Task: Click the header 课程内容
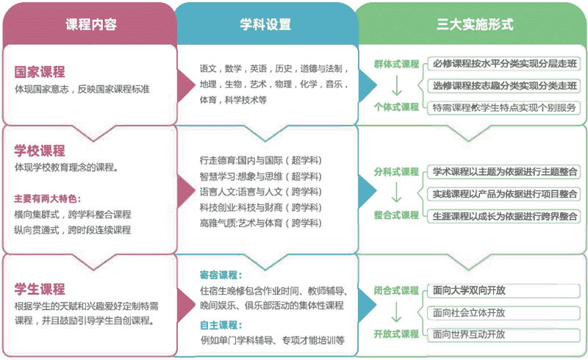click(91, 24)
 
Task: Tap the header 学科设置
click(265, 24)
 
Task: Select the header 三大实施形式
click(475, 24)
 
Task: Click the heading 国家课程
click(40, 71)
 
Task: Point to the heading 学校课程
click(40, 151)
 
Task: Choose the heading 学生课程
click(40, 289)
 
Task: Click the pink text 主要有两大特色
click(47, 198)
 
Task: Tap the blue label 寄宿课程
click(221, 275)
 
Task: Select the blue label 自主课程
click(221, 325)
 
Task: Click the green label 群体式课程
click(396, 64)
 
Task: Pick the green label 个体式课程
click(396, 107)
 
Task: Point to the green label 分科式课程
click(396, 172)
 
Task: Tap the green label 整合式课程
click(396, 215)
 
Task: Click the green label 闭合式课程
click(396, 290)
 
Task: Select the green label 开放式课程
click(396, 334)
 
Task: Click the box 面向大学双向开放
click(503, 291)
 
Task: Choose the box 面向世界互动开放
click(503, 334)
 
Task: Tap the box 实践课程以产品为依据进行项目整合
click(503, 194)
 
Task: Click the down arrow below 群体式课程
click(396, 86)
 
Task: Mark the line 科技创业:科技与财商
click(261, 207)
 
